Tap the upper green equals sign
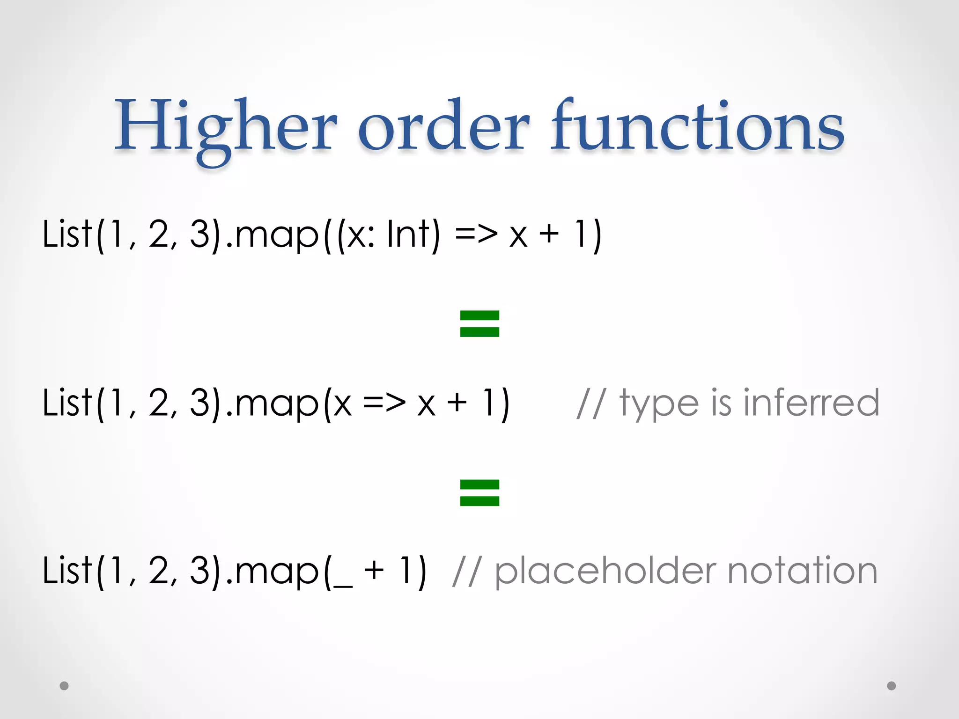point(479,324)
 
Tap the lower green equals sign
point(479,493)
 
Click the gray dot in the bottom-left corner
point(64,686)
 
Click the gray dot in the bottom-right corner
point(892,686)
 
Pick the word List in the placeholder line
point(67,571)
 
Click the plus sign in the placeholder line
point(374,571)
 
